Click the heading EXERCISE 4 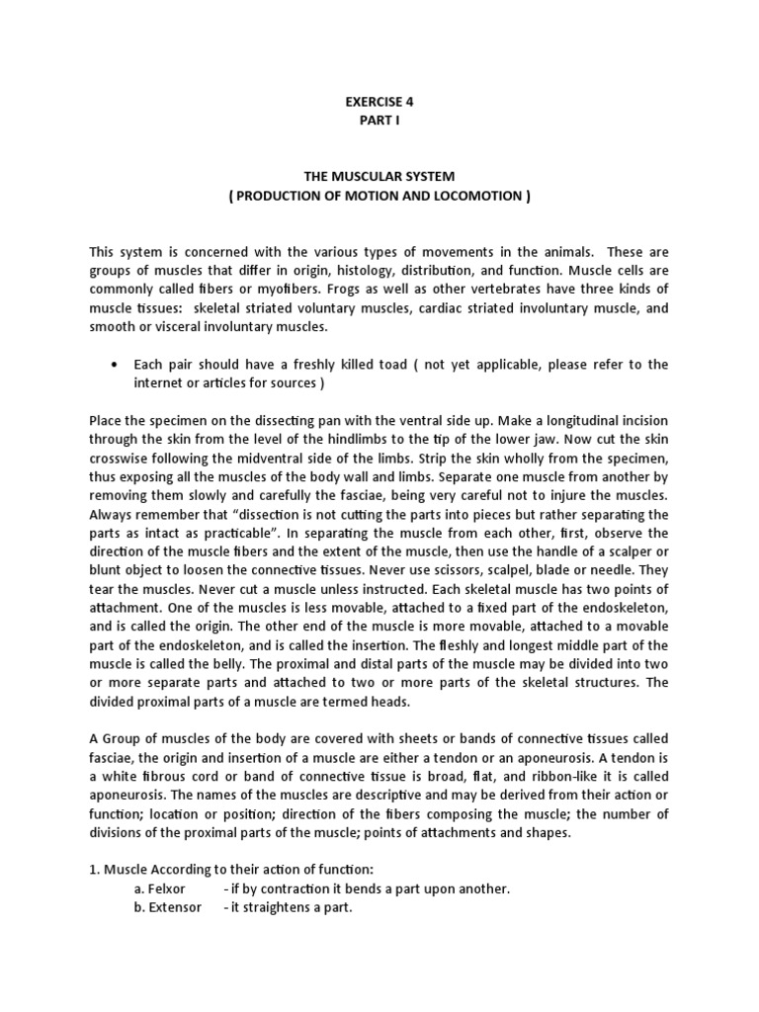point(379,100)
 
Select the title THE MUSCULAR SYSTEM point(379,176)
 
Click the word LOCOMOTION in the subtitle point(469,195)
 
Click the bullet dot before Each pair point(120,365)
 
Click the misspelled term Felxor point(166,888)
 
